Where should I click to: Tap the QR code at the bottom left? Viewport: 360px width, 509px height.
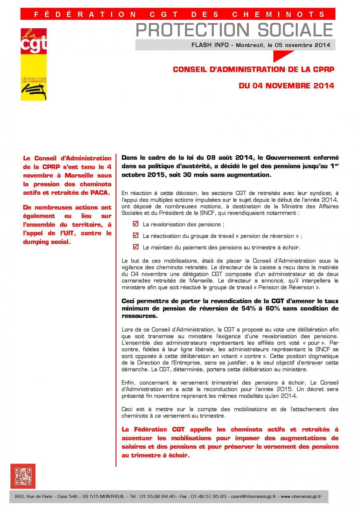pyautogui.click(x=23, y=476)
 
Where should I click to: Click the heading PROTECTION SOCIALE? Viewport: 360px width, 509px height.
pyautogui.click(x=234, y=30)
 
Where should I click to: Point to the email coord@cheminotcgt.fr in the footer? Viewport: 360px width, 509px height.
pyautogui.click(x=254, y=496)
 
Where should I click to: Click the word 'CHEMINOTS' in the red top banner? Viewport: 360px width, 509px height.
pyautogui.click(x=291, y=14)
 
